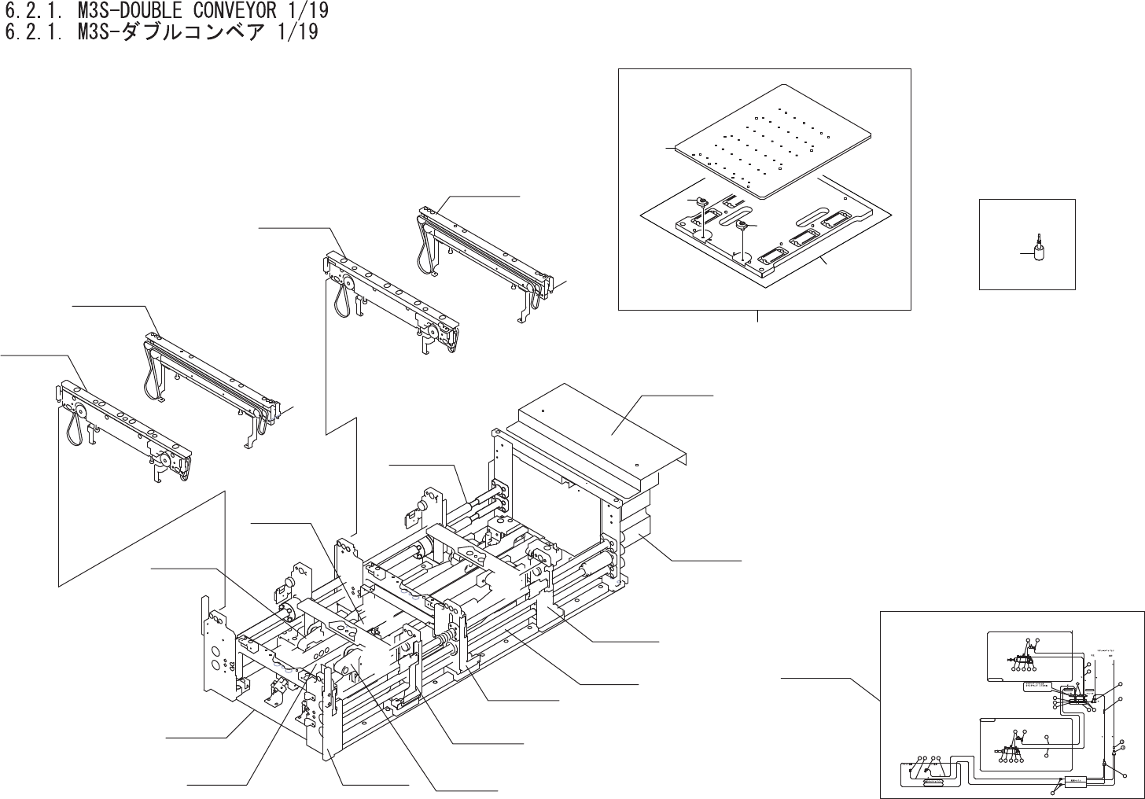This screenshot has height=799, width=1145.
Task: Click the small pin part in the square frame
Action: tap(1038, 249)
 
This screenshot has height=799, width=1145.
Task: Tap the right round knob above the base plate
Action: tap(741, 226)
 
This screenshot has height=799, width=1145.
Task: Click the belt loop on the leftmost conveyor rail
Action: tap(75, 428)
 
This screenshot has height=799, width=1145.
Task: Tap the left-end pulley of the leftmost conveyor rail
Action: tap(80, 410)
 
